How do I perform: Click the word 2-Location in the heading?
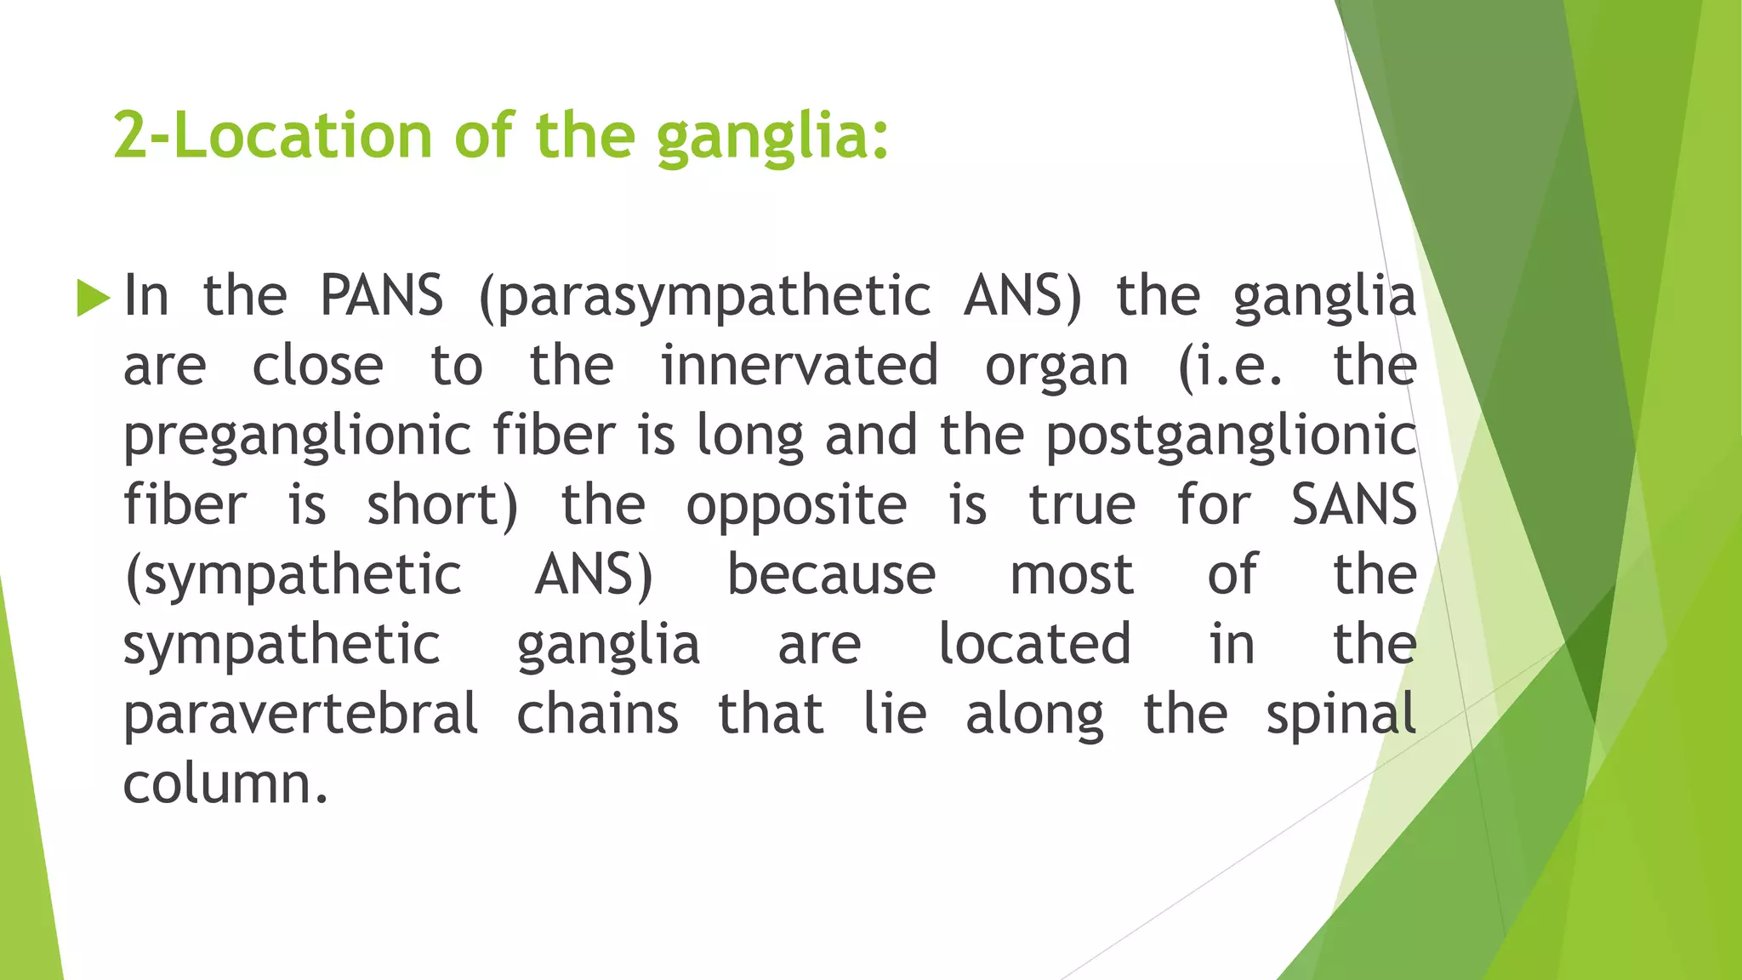tap(273, 136)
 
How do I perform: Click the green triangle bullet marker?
tap(93, 298)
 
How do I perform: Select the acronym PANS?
tap(382, 296)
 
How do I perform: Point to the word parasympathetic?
tap(705, 298)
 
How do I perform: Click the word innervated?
tap(800, 366)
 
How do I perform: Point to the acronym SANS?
tap(1353, 504)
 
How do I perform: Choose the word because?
tap(831, 575)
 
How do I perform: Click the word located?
tap(1034, 644)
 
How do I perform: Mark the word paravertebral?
tap(301, 715)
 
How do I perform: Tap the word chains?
tap(598, 715)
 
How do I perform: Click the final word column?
tap(225, 783)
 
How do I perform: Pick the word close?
tap(317, 366)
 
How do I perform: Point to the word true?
tap(1081, 505)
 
